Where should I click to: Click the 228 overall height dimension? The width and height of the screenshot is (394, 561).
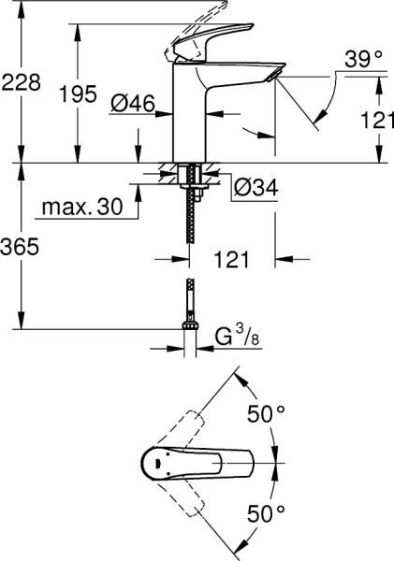[x=22, y=82]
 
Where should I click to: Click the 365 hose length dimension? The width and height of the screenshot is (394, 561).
[x=22, y=247]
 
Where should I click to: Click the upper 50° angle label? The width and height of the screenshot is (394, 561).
[x=267, y=413]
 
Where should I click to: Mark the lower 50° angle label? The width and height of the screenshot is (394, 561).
[x=267, y=512]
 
